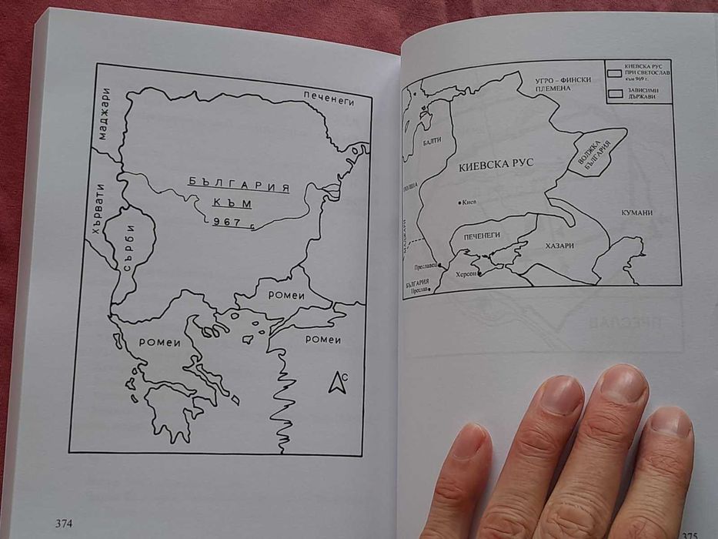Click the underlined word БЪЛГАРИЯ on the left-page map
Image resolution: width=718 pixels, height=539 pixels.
[x=239, y=184]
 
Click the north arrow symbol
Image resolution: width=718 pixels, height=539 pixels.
[x=336, y=381]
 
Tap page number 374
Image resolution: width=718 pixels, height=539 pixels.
[x=64, y=524]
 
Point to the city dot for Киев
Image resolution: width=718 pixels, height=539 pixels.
[x=460, y=203]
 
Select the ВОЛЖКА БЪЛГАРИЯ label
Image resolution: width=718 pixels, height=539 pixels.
[x=598, y=152]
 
